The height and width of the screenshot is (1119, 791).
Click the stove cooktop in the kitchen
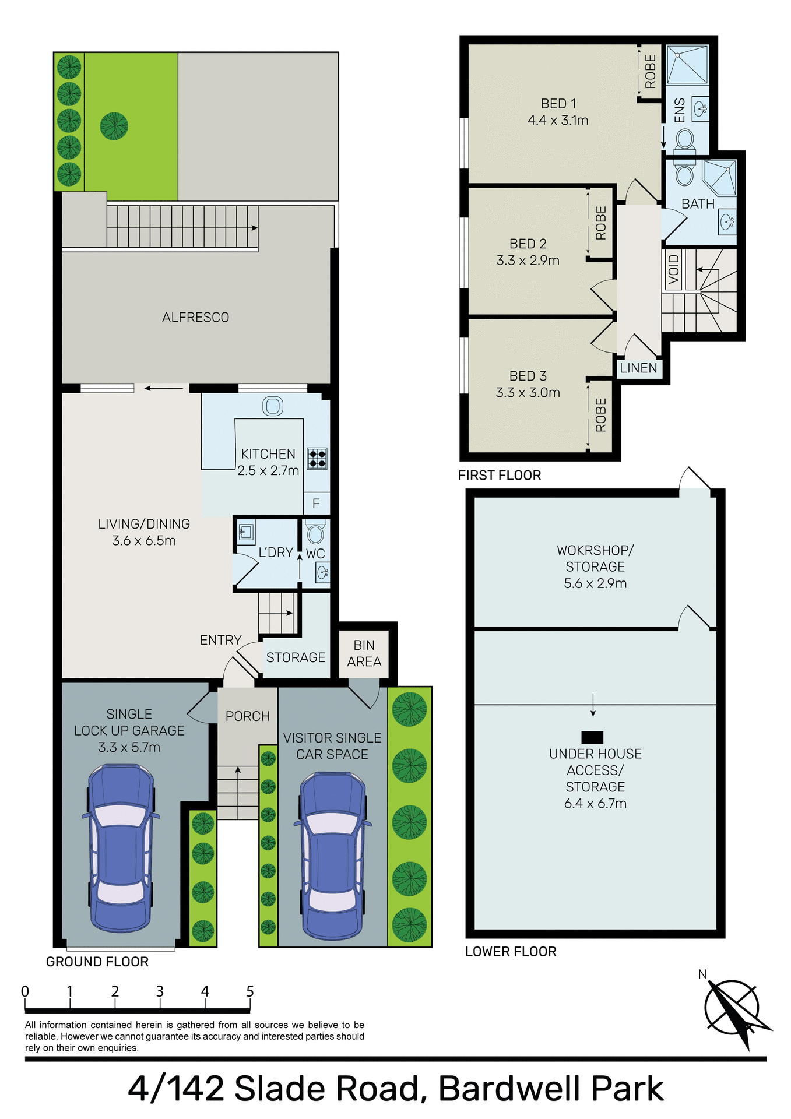point(317,458)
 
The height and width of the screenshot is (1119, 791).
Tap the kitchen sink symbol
point(273,406)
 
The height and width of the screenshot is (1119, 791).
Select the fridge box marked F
point(316,504)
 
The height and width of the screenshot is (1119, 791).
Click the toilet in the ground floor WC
point(315,533)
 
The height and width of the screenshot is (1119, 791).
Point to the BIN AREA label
point(364,653)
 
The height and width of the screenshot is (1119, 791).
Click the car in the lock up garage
point(120,848)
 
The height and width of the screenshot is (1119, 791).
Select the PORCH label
point(248,716)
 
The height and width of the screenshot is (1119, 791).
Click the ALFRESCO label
point(195,318)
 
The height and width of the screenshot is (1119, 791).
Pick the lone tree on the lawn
point(114,126)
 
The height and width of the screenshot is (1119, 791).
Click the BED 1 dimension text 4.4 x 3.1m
point(558,121)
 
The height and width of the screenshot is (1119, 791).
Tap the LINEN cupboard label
point(638,368)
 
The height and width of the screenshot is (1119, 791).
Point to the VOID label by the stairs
point(674,269)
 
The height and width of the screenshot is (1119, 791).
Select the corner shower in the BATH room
point(720,177)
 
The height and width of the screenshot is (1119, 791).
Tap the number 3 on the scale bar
point(160,991)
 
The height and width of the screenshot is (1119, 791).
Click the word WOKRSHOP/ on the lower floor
point(595,550)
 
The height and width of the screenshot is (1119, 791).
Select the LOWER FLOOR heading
point(511,952)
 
